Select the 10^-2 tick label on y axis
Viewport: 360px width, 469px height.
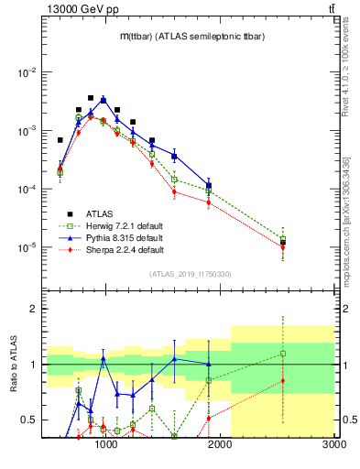tap(27, 72)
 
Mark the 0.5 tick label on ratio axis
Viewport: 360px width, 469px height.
tap(29, 420)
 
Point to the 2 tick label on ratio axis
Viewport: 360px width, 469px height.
tap(34, 309)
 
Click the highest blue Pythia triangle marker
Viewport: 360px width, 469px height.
tap(104, 99)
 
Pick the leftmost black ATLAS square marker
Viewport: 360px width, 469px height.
tap(60, 140)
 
